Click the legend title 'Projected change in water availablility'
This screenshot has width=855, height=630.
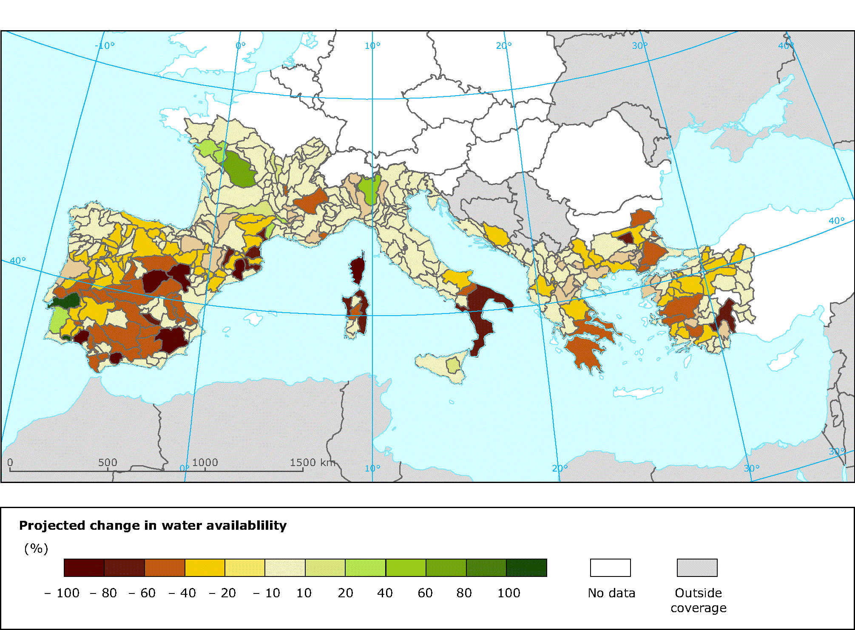coord(153,525)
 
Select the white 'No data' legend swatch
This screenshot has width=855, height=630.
coord(610,568)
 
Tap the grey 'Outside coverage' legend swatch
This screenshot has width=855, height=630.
coord(697,568)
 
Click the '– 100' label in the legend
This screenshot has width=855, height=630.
coord(62,593)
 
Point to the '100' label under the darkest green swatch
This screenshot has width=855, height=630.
coord(508,593)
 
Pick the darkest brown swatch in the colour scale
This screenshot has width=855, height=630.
coord(84,568)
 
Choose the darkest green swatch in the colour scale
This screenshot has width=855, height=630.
coord(526,568)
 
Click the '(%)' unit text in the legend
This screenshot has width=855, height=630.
coord(36,548)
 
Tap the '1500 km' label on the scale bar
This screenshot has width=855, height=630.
coord(312,462)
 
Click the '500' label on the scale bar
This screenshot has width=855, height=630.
coord(108,462)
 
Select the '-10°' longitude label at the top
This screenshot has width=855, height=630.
coord(105,45)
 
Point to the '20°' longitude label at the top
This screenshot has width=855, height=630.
coord(504,45)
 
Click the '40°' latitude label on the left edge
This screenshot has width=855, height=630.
coord(18,260)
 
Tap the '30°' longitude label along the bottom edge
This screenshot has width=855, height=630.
coord(751,468)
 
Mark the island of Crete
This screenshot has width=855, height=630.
coord(638,393)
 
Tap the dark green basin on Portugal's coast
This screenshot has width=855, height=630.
coord(66,301)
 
